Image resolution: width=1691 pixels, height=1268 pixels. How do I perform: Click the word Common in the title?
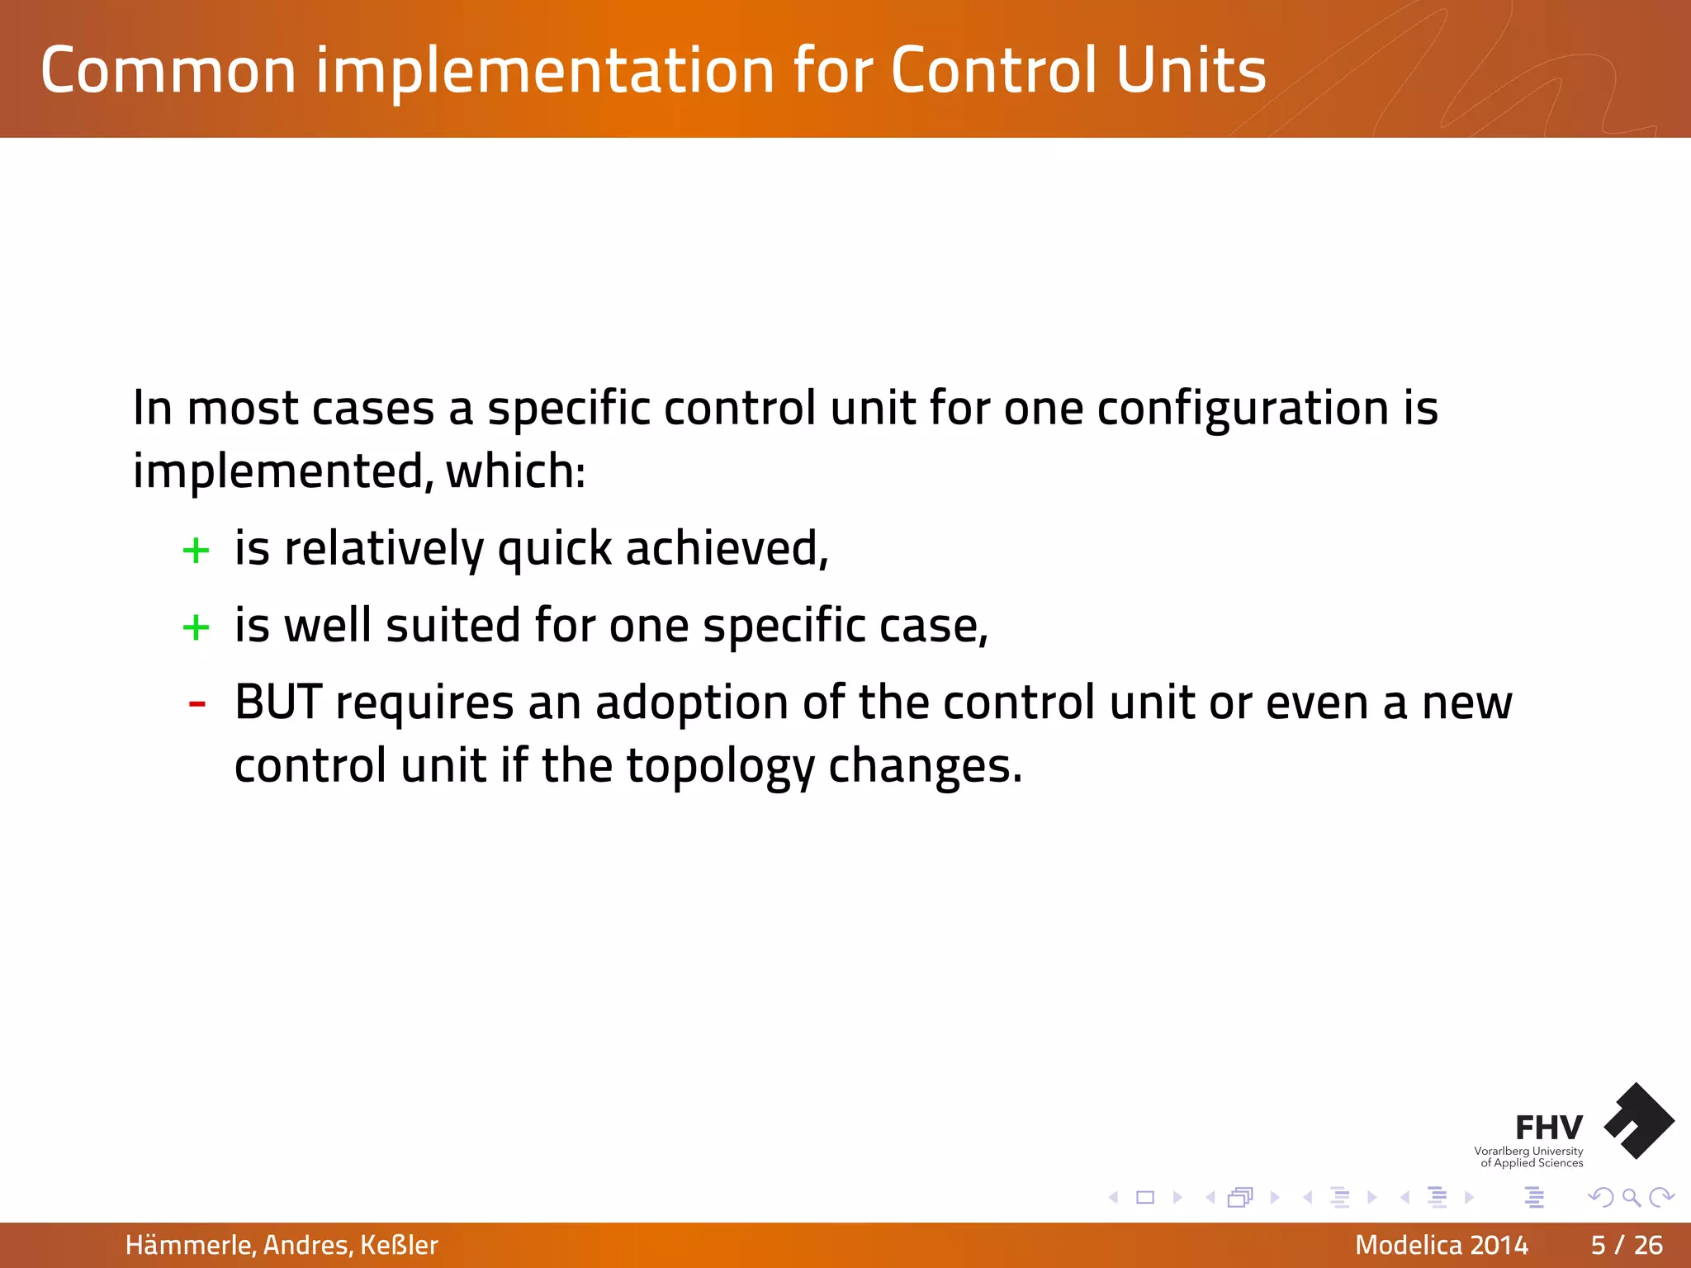pyautogui.click(x=168, y=71)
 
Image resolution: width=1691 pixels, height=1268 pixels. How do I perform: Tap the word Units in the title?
pyautogui.click(x=1191, y=71)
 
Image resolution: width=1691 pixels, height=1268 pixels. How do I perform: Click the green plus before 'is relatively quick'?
pyautogui.click(x=196, y=551)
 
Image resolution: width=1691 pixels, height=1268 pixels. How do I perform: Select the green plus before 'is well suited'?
pyautogui.click(x=196, y=627)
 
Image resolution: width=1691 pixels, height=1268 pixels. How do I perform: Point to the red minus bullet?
pyautogui.click(x=197, y=704)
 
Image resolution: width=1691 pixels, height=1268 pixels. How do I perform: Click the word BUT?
pyautogui.click(x=277, y=703)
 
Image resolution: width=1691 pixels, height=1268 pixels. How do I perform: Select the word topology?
pyautogui.click(x=720, y=767)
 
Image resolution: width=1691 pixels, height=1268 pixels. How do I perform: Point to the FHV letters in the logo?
pyautogui.click(x=1548, y=1128)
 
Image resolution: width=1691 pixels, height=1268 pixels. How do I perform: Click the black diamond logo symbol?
pyautogui.click(x=1639, y=1121)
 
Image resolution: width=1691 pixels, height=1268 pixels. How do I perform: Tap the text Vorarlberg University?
pyautogui.click(x=1528, y=1151)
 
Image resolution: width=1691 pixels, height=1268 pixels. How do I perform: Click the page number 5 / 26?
pyautogui.click(x=1627, y=1245)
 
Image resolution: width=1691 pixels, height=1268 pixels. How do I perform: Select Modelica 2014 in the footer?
pyautogui.click(x=1441, y=1245)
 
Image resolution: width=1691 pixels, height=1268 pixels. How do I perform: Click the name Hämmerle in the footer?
pyautogui.click(x=189, y=1245)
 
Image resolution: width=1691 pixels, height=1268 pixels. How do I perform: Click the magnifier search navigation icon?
pyautogui.click(x=1631, y=1197)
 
